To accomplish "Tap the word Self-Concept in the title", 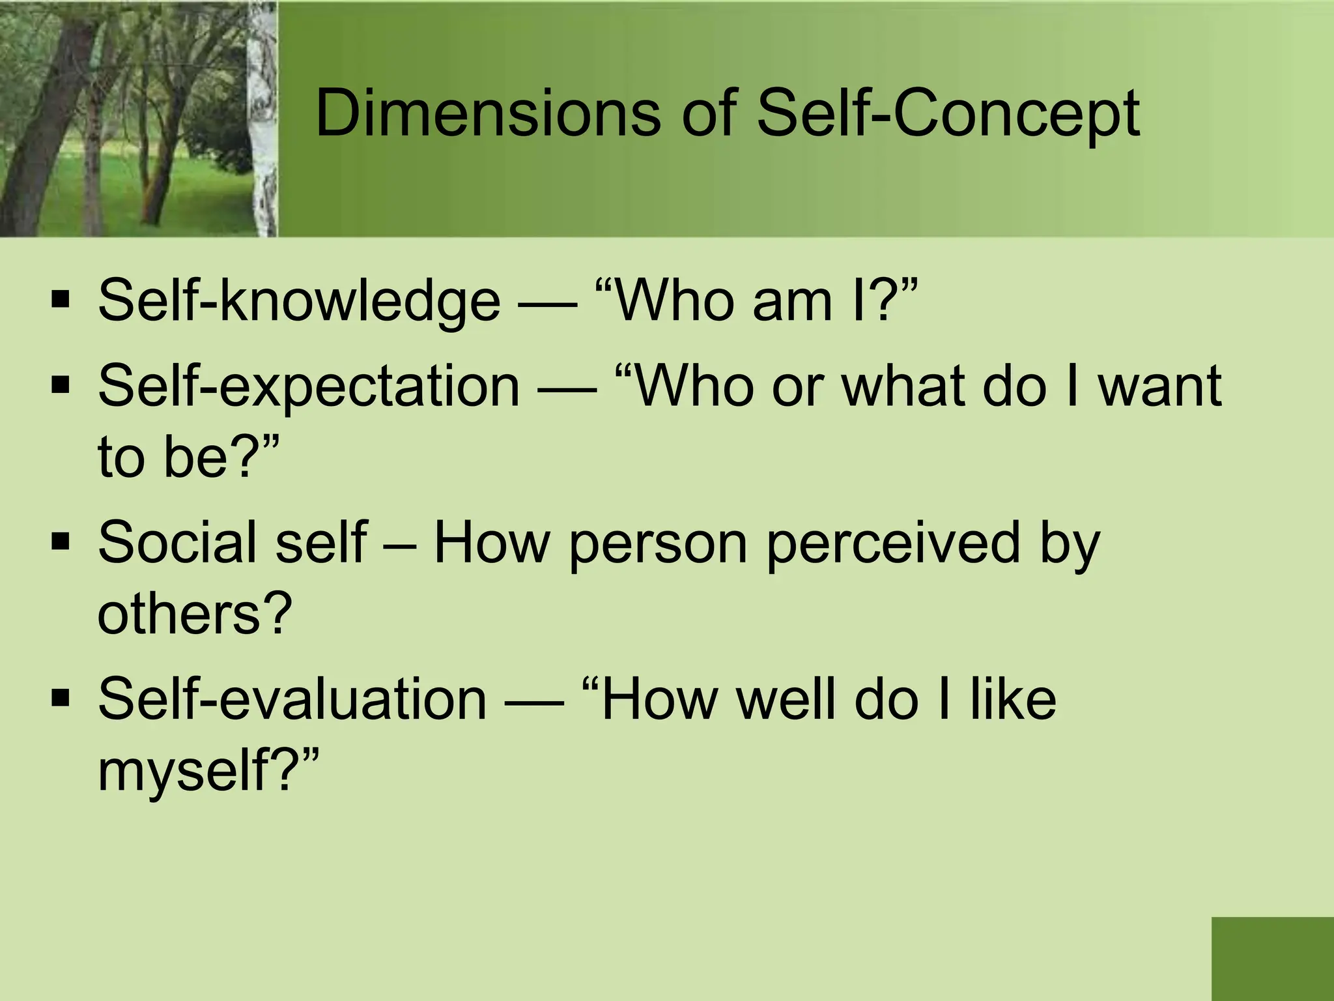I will tap(948, 115).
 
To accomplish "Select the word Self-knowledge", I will tap(299, 301).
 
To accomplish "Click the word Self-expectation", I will tap(309, 386).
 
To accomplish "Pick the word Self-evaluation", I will tap(292, 699).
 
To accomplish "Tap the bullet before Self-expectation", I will tap(61, 385).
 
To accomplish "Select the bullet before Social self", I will tap(61, 541).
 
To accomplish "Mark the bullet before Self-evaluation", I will tap(61, 698).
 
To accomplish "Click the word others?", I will tap(194, 613).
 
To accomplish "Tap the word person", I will tap(657, 544).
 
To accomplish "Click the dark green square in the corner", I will tap(1272, 959).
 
